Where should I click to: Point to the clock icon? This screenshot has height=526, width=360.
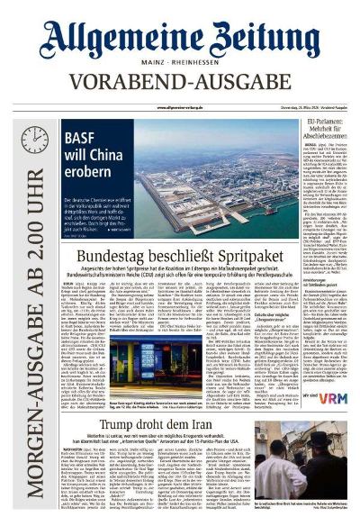34,140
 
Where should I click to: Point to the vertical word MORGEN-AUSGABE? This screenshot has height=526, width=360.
35,378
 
